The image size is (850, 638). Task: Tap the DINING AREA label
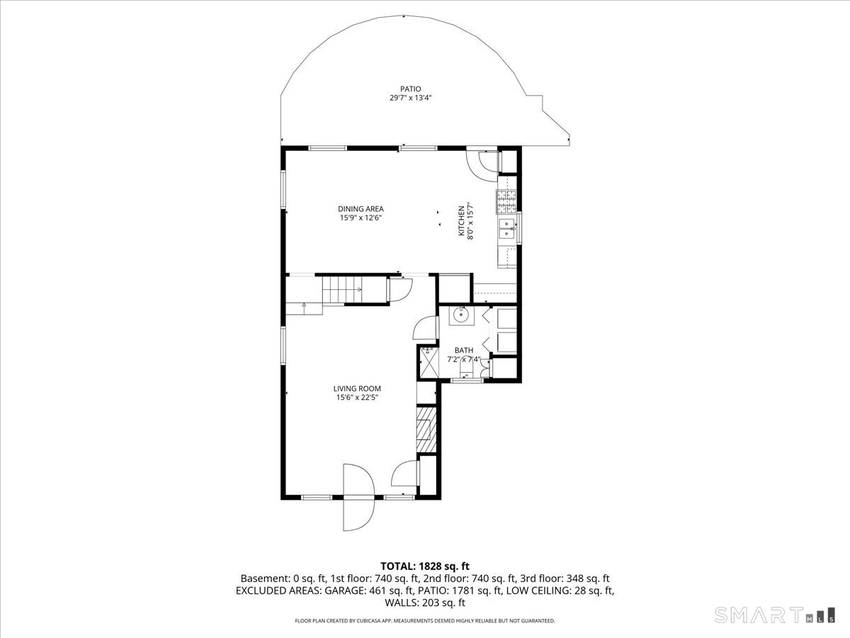(361, 208)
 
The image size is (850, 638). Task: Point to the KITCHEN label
(460, 220)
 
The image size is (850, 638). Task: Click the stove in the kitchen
(506, 203)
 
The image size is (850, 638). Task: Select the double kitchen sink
(506, 229)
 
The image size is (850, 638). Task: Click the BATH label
(464, 350)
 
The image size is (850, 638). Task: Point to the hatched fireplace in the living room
(425, 430)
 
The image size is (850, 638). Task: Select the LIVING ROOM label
(358, 388)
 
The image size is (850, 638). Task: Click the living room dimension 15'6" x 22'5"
(358, 398)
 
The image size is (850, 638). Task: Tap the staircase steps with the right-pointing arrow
(344, 290)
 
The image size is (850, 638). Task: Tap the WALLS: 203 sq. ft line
(425, 603)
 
